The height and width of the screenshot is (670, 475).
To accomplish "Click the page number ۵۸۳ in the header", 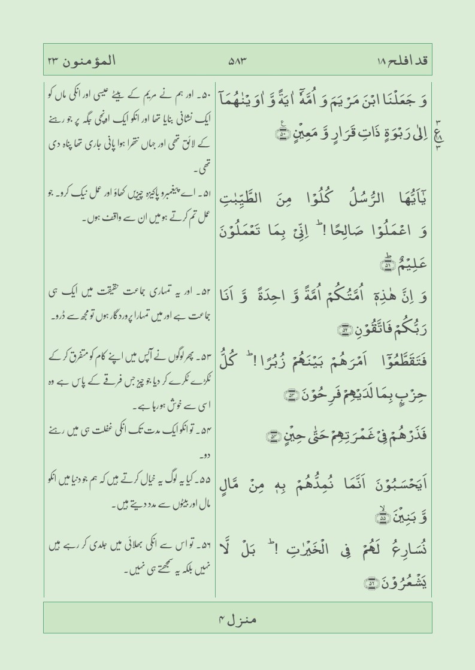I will [238, 61].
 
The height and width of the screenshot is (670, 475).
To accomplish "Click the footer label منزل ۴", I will [238, 616].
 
